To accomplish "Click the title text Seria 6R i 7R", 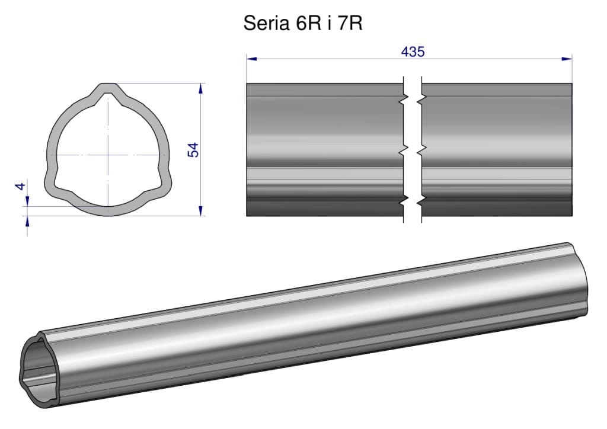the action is coord(303,23).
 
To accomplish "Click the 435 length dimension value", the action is coord(413,52).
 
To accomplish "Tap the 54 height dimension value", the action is coord(193,150).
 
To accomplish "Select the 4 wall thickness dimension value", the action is coord(20,186).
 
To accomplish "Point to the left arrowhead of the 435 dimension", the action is coord(251,59).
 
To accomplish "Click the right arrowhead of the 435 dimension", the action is coord(567,59).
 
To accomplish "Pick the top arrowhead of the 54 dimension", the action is coord(200,89).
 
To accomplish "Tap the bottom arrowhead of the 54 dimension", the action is coord(200,210).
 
